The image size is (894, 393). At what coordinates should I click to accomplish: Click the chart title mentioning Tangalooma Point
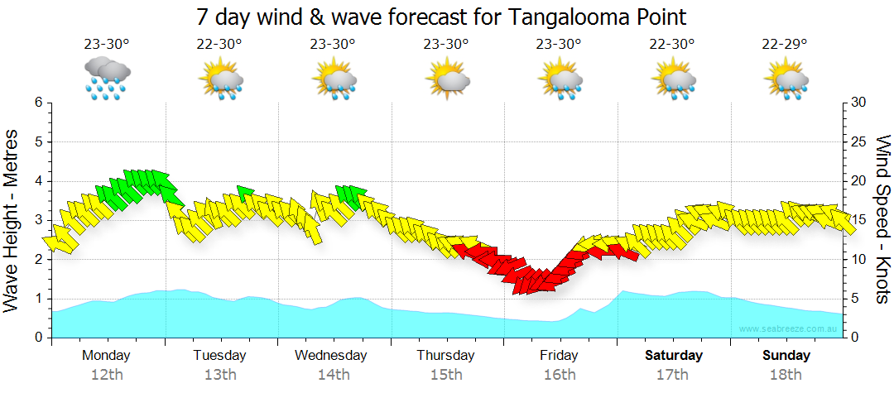click(x=442, y=17)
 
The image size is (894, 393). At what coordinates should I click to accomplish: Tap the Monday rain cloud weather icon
click(x=107, y=79)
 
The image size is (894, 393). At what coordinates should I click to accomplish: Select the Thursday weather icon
click(x=447, y=79)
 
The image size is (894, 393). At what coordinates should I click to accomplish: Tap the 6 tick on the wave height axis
click(x=38, y=103)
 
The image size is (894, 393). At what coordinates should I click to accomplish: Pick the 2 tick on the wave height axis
click(x=38, y=260)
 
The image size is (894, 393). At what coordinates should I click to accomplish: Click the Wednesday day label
click(x=331, y=356)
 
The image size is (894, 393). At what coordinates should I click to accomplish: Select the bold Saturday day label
click(x=673, y=356)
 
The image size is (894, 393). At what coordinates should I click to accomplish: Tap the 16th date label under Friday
click(x=560, y=375)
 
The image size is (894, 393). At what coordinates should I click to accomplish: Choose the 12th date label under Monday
click(x=107, y=375)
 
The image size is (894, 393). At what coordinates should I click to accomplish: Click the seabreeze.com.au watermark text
click(x=789, y=329)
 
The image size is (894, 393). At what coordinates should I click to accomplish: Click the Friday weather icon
click(x=561, y=79)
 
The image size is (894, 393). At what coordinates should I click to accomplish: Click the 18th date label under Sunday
click(x=786, y=375)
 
